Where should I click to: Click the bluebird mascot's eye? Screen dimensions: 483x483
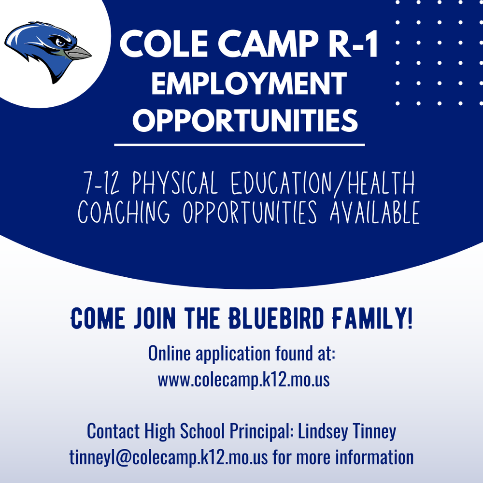pos(60,42)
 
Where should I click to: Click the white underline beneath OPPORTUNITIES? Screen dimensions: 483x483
pos(240,144)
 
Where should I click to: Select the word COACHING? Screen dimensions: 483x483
pos(124,212)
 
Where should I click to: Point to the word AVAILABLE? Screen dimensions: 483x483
pos(375,212)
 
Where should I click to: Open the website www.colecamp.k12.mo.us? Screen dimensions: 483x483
pos(243,379)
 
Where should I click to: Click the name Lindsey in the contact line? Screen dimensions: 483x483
pos(320,431)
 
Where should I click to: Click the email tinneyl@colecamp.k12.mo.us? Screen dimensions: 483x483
pos(170,457)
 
